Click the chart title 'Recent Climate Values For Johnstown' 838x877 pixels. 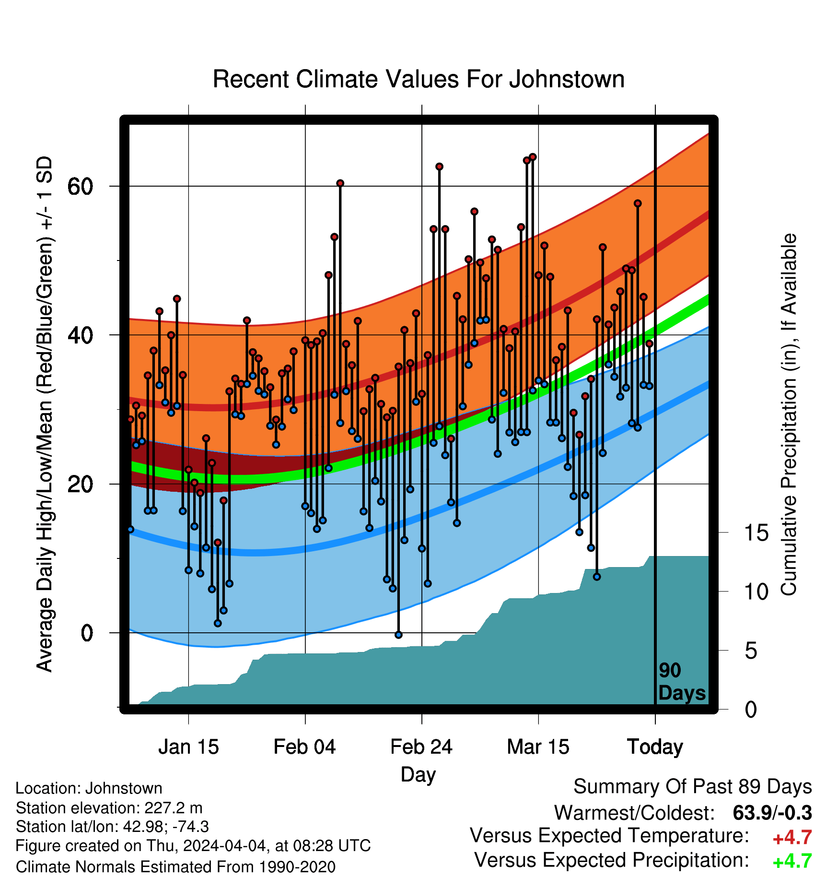tap(419, 79)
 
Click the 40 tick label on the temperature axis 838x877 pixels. tap(80, 335)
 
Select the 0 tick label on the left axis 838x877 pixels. tap(87, 633)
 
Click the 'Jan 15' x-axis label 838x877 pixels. tap(188, 747)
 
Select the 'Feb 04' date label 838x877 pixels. tap(305, 747)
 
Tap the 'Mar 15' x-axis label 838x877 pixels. tap(538, 747)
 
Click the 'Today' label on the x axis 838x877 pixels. tap(655, 747)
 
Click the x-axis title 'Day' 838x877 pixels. tap(419, 775)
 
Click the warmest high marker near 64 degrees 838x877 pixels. tap(533, 157)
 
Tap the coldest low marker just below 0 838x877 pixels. tap(398, 635)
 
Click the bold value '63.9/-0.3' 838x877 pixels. tap(772, 813)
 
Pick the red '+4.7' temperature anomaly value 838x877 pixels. tap(792, 838)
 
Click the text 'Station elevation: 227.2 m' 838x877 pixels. tap(109, 808)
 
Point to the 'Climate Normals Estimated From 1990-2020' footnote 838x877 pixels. tap(175, 867)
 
